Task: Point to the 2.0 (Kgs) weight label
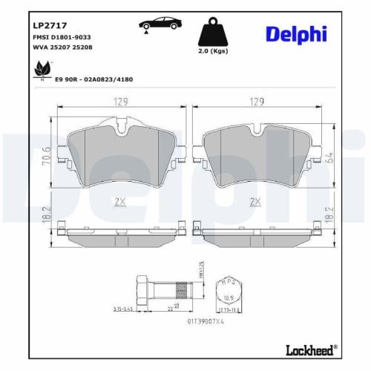[213, 53]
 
